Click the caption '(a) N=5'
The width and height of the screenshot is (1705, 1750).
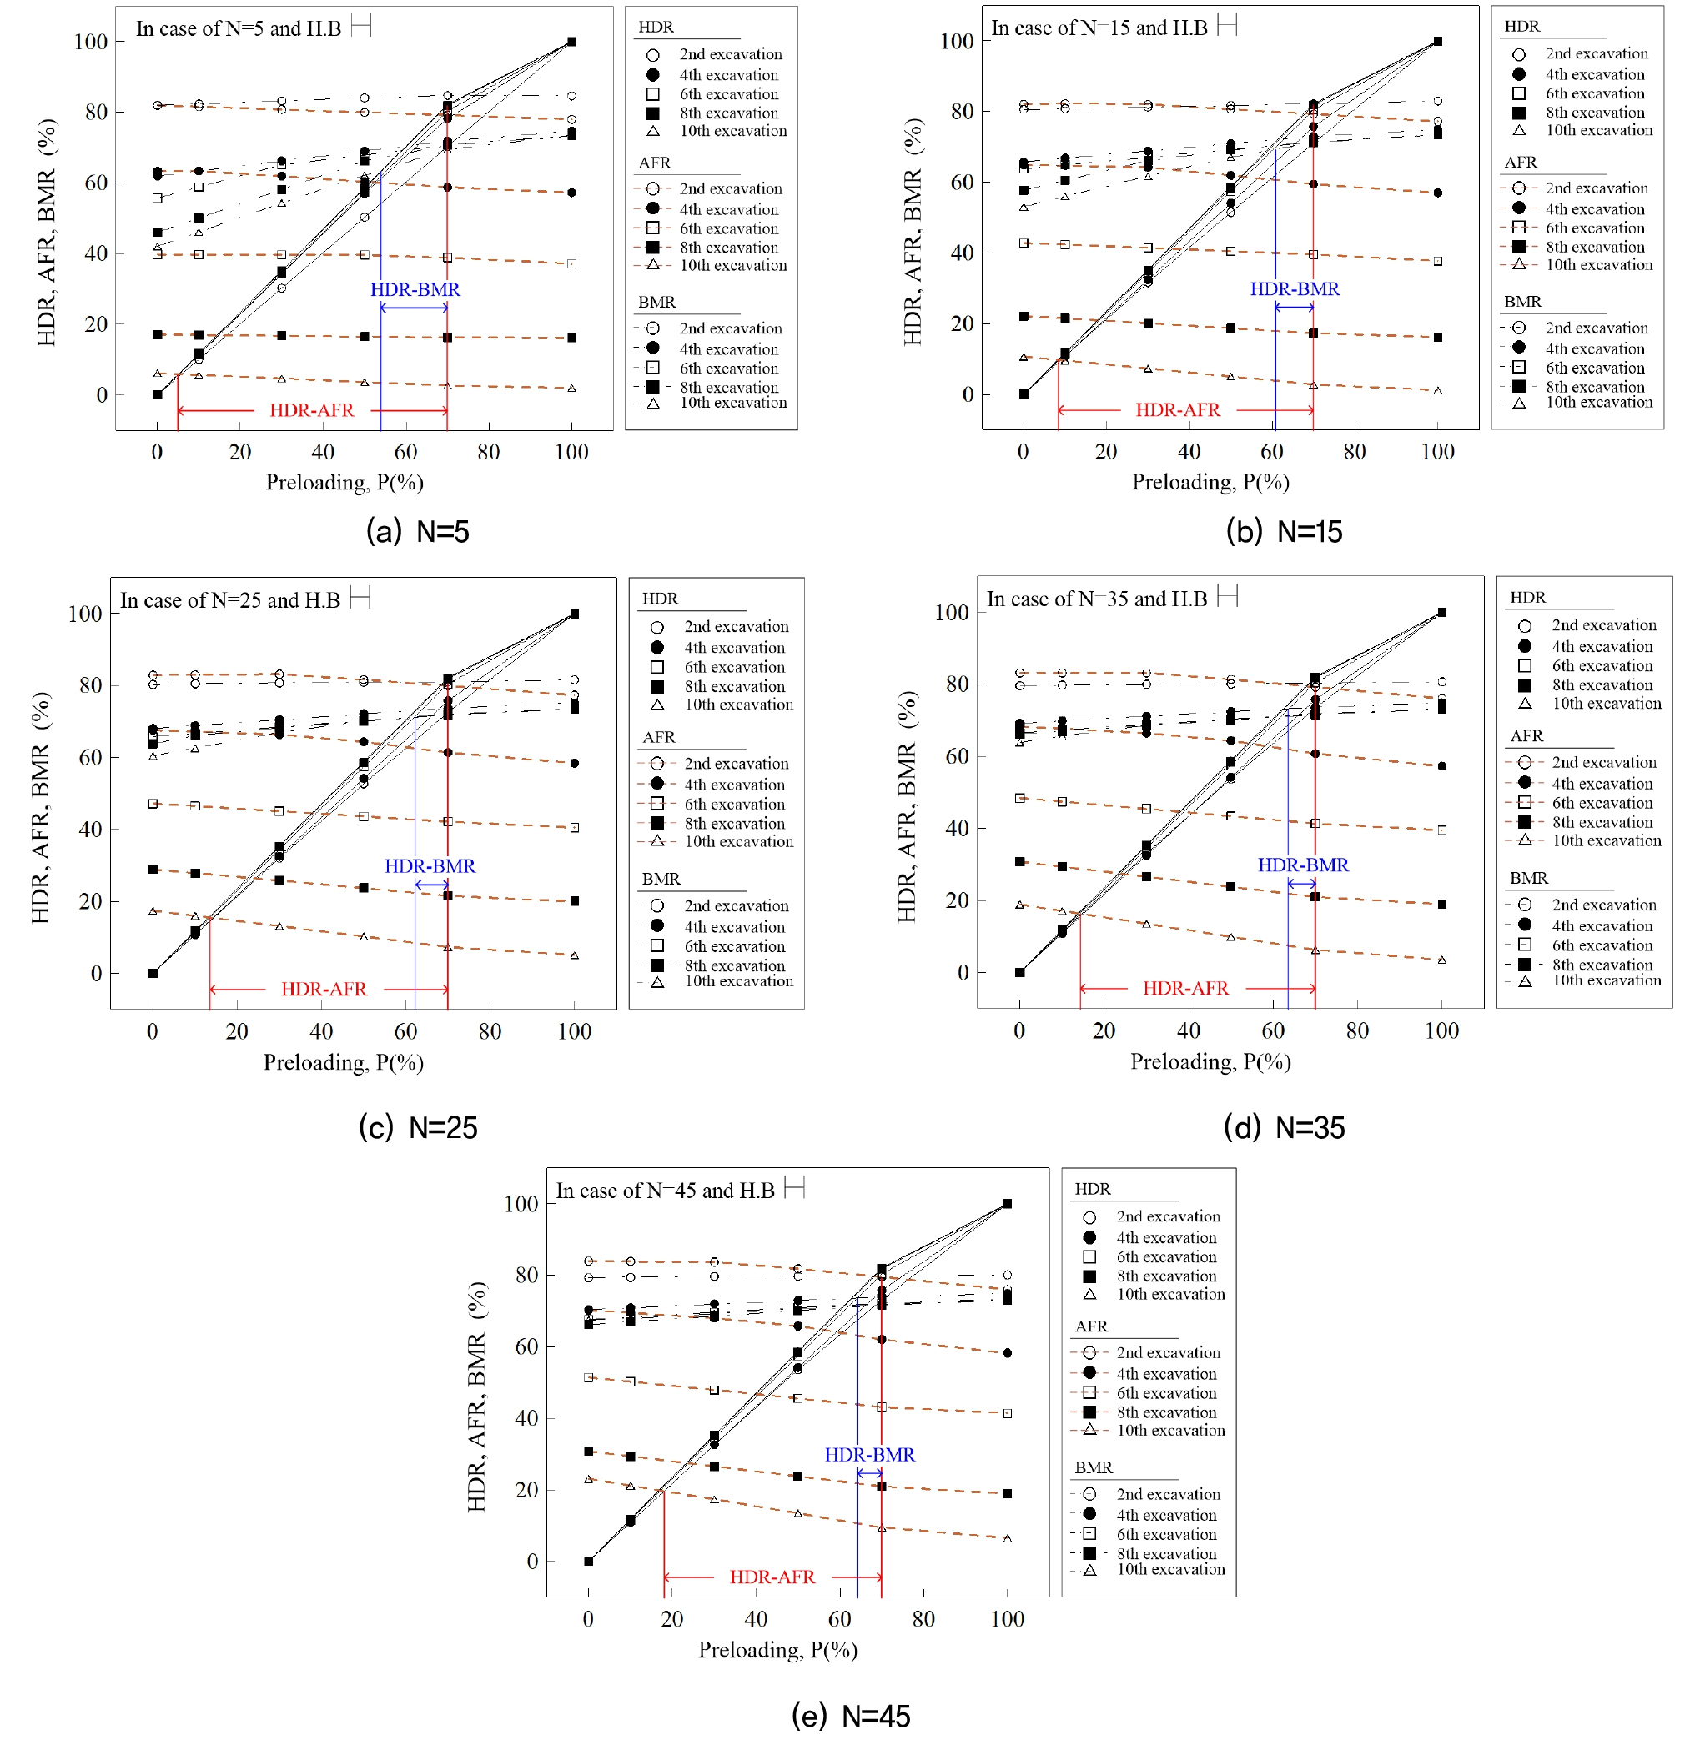[x=417, y=532]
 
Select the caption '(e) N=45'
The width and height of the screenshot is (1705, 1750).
[x=851, y=1715]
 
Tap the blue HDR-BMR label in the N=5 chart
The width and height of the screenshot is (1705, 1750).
[x=415, y=290]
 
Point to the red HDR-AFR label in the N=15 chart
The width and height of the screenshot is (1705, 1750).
[x=1178, y=410]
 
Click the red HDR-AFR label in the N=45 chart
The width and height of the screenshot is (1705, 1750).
[x=772, y=1577]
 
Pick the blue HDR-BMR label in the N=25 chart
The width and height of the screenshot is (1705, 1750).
[x=430, y=865]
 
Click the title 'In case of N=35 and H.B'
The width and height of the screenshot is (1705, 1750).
[x=1097, y=599]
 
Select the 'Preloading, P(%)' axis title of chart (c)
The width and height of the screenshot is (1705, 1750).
[x=343, y=1062]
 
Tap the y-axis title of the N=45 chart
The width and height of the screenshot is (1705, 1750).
[x=476, y=1396]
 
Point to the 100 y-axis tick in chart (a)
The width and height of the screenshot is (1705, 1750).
[x=90, y=42]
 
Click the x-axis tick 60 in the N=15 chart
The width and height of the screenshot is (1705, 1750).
[x=1271, y=452]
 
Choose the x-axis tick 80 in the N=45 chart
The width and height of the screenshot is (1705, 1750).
[x=923, y=1618]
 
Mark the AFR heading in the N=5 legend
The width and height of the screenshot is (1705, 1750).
[x=655, y=163]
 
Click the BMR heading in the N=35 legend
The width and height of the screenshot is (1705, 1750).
[x=1529, y=878]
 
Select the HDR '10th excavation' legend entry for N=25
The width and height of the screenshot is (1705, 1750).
[x=739, y=705]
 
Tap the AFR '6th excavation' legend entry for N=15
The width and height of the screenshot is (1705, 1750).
[x=1595, y=228]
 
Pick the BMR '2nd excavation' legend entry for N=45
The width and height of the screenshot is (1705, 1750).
[x=1168, y=1494]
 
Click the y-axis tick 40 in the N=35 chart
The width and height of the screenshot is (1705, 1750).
[x=958, y=829]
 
